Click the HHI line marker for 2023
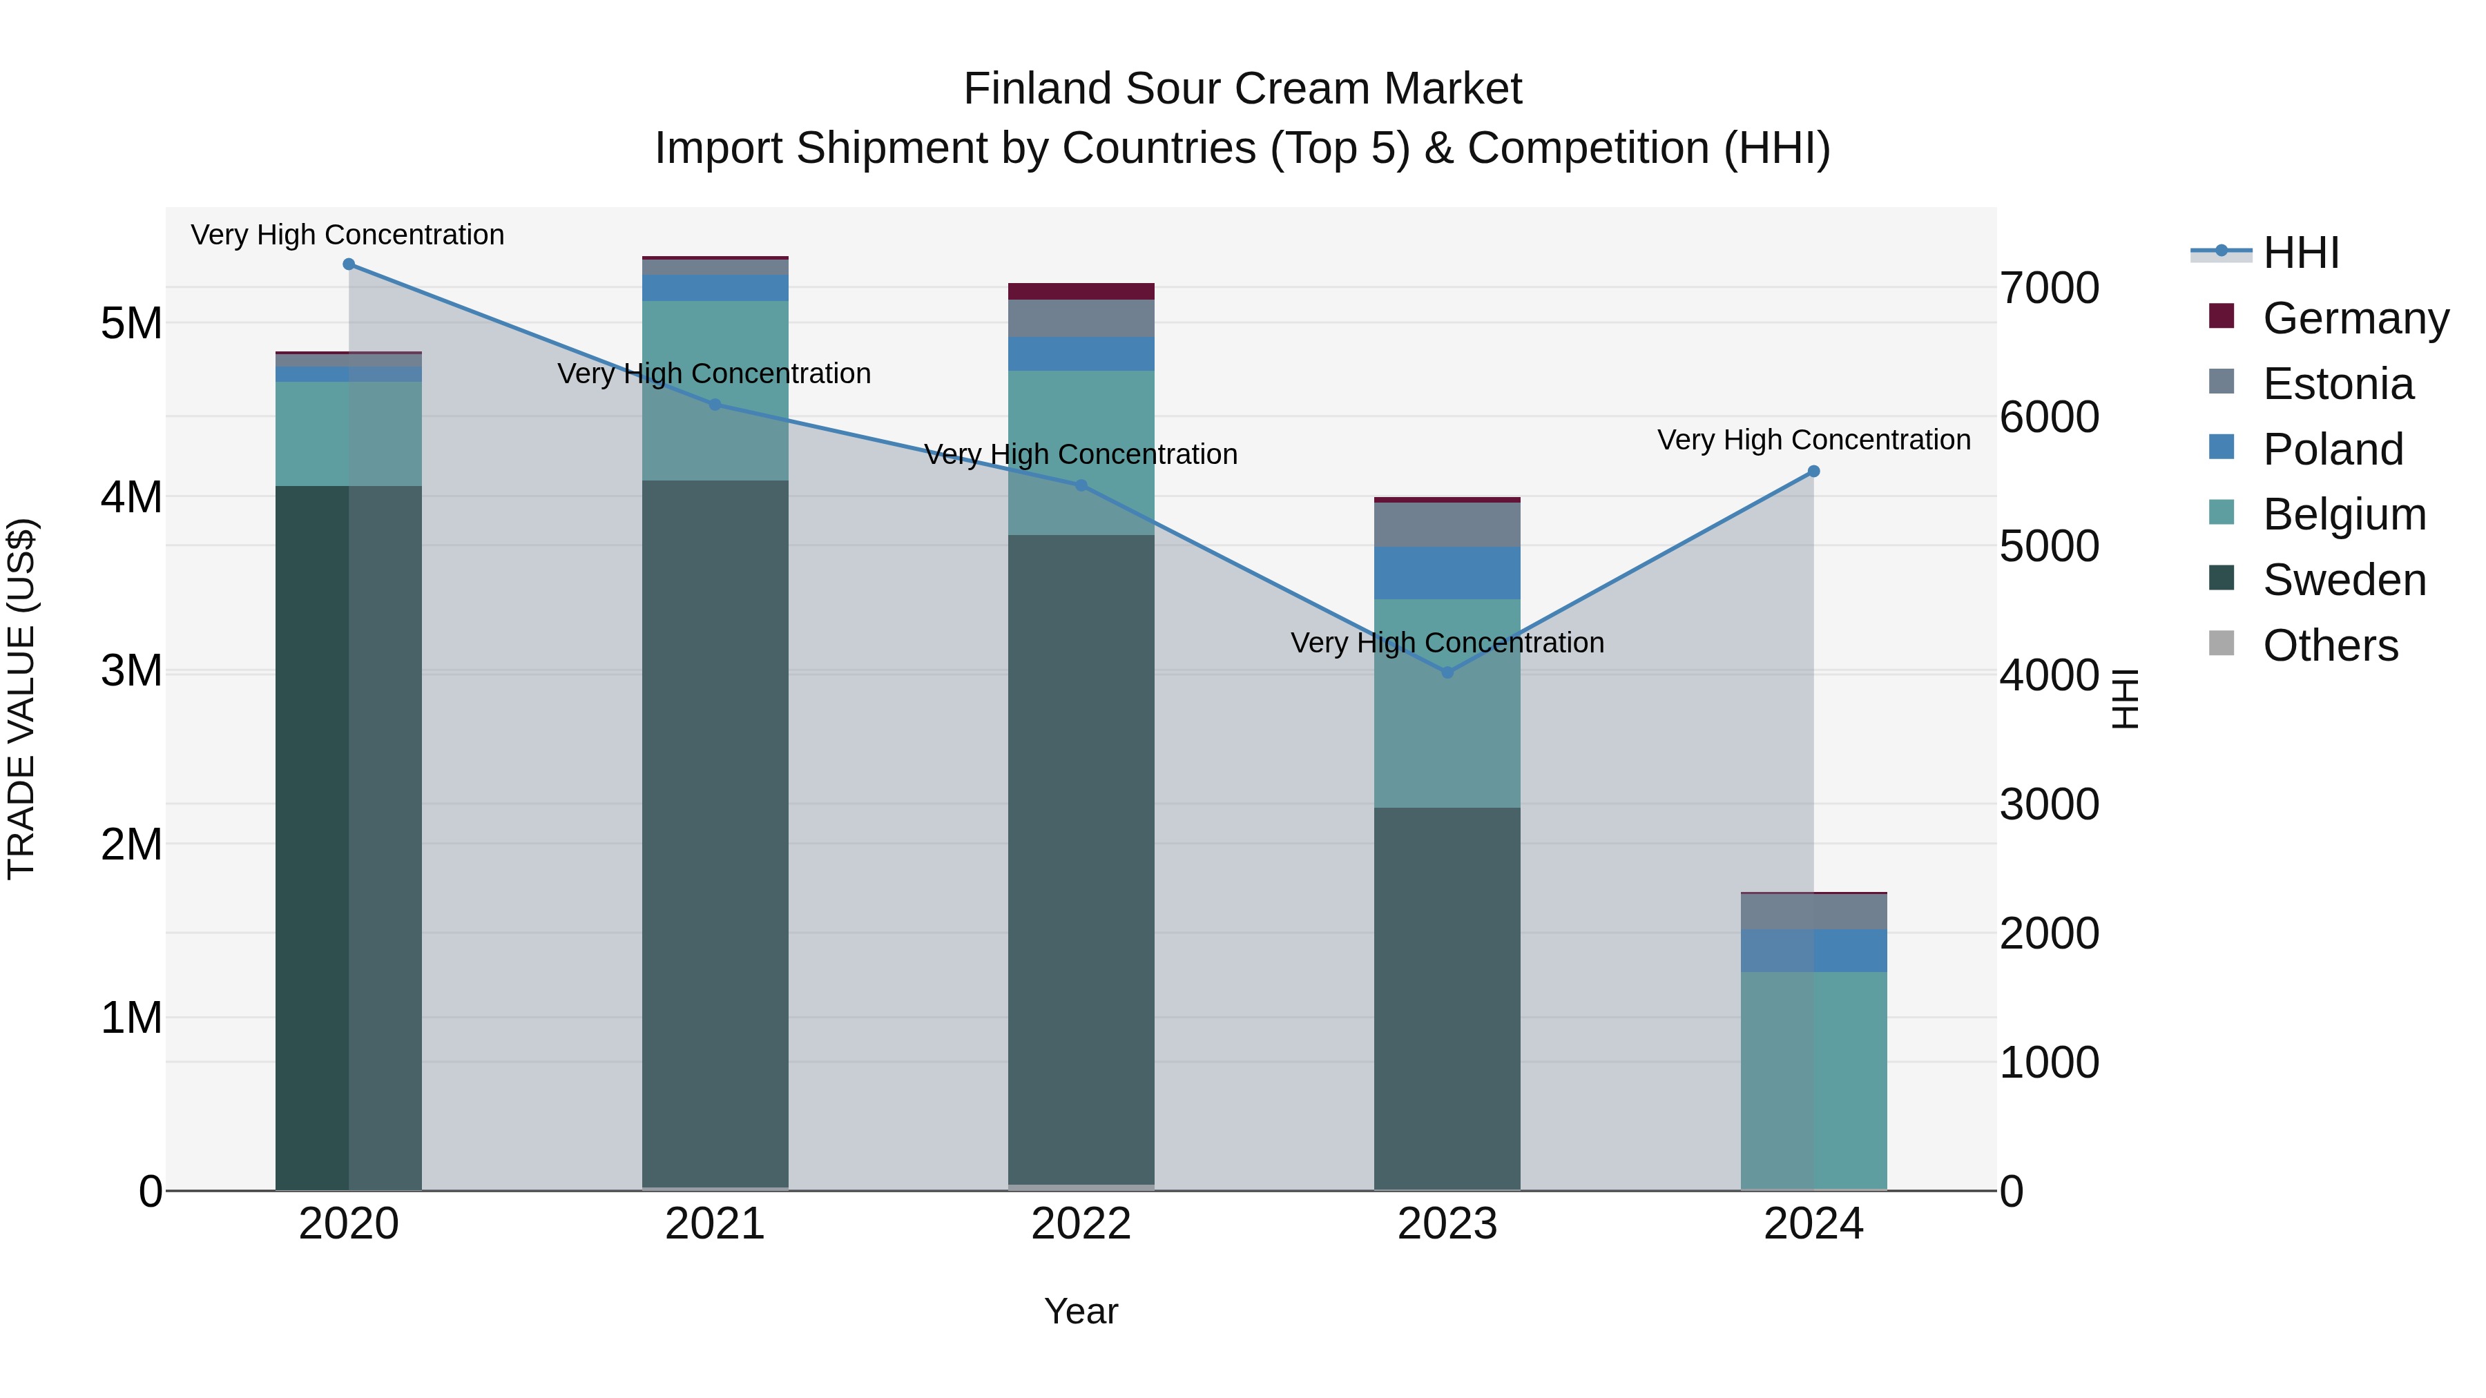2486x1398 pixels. (x=1447, y=672)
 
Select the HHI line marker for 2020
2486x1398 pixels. (x=349, y=264)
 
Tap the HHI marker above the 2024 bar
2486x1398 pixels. (x=1813, y=472)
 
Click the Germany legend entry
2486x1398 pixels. (x=2355, y=318)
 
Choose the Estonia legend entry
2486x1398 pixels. (x=2338, y=384)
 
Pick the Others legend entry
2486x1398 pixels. (x=2330, y=645)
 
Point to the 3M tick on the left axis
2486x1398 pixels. (x=131, y=670)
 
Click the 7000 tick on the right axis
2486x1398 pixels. (x=2048, y=289)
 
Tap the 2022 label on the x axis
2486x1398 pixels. (x=1081, y=1224)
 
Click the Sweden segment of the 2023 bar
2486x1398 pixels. (x=1447, y=998)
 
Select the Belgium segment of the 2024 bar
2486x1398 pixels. (x=1813, y=1080)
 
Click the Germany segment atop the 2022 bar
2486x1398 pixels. (x=1081, y=291)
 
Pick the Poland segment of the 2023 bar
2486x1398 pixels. (x=1447, y=573)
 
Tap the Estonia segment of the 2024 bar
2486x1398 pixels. (x=1813, y=912)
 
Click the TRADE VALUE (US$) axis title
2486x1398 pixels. (x=21, y=699)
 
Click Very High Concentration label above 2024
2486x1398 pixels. (x=1813, y=440)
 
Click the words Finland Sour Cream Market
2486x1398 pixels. (x=1242, y=89)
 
